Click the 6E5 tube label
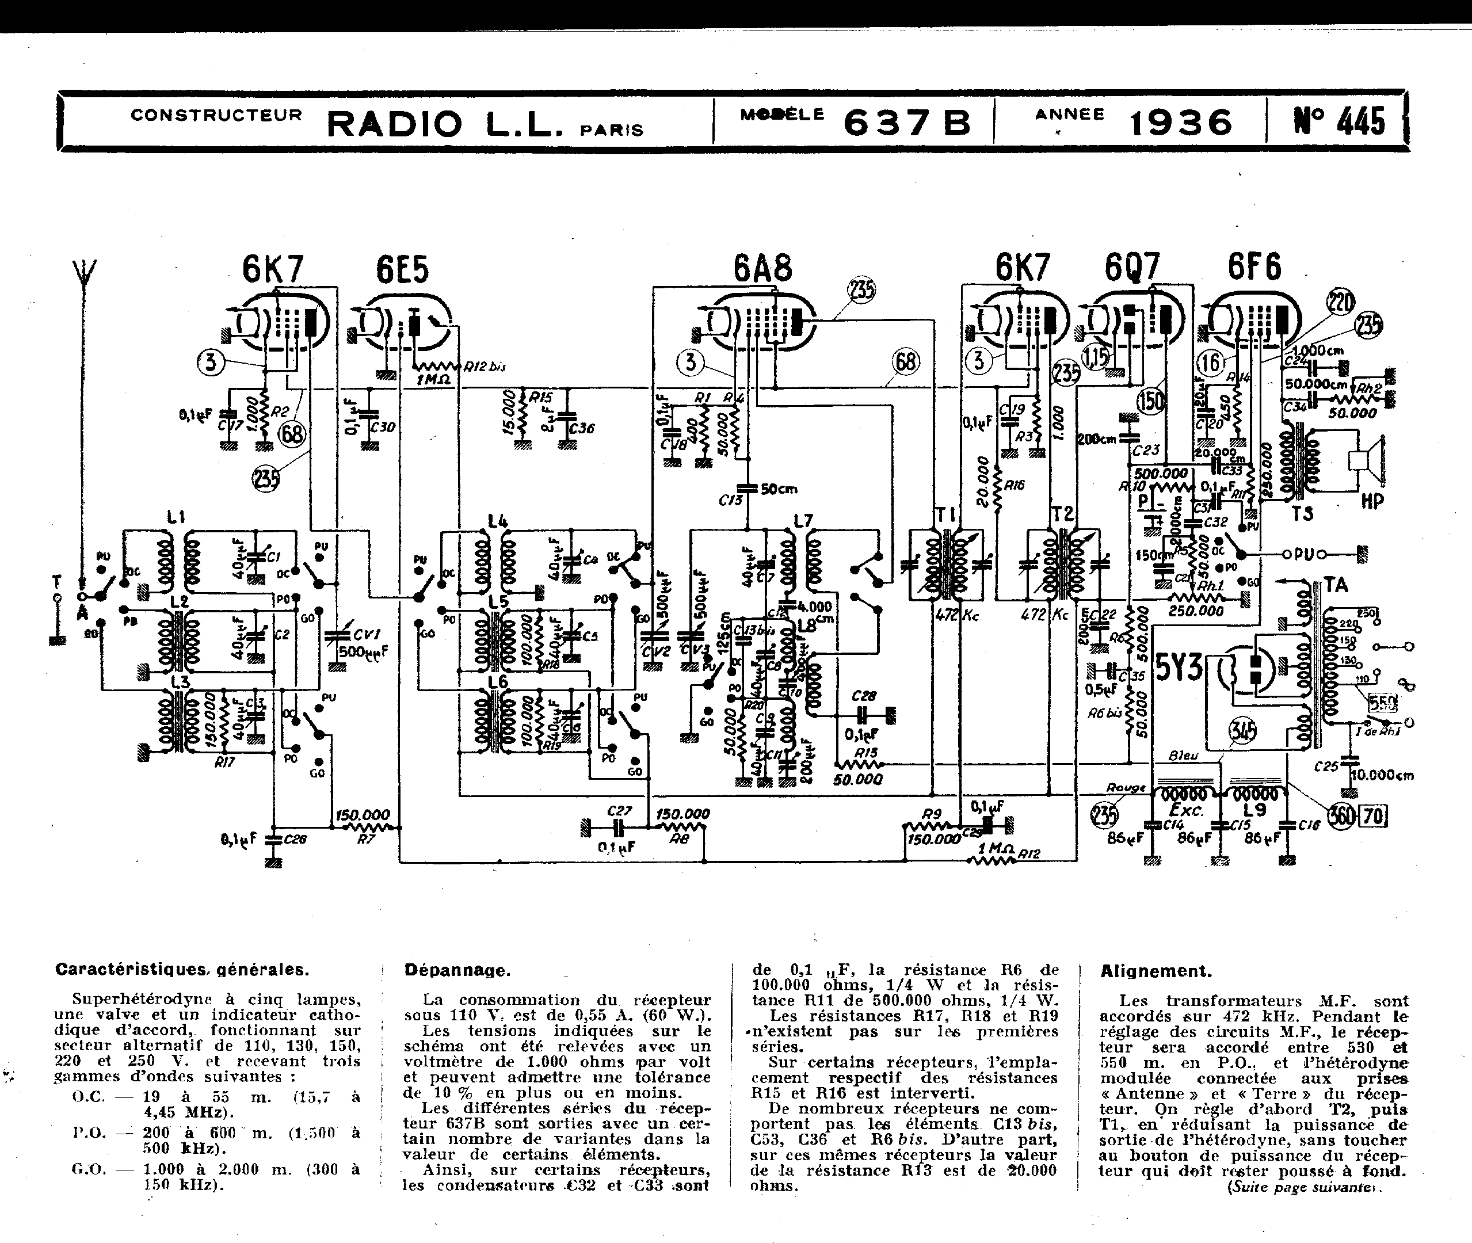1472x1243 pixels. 402,269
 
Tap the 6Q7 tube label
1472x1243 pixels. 1131,268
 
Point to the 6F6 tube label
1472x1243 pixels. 1255,266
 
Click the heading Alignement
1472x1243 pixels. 1156,971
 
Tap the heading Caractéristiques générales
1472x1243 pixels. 182,970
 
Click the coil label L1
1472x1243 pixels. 176,518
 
